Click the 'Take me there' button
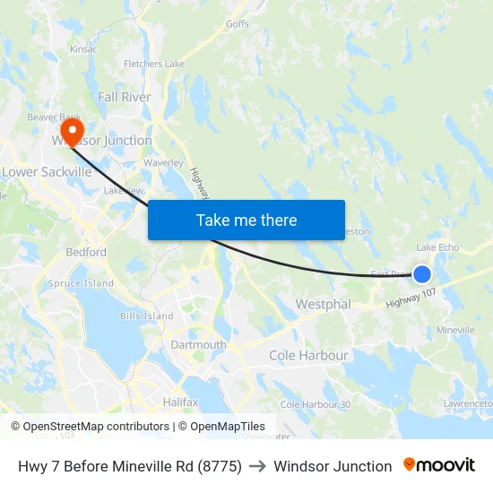click(x=246, y=220)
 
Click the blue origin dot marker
click(x=421, y=273)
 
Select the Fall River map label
click(x=125, y=97)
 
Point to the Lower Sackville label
click(x=47, y=171)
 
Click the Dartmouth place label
click(x=198, y=344)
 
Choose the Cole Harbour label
click(x=308, y=356)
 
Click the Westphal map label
click(x=323, y=305)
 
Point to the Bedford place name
click(x=86, y=252)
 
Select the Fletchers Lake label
click(x=154, y=64)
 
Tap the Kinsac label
click(x=82, y=48)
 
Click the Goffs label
click(x=238, y=24)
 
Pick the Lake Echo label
click(x=437, y=247)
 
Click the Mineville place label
click(x=455, y=330)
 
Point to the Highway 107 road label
click(x=411, y=299)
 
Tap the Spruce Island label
click(x=81, y=283)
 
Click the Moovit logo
click(x=439, y=465)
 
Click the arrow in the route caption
click(x=257, y=466)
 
